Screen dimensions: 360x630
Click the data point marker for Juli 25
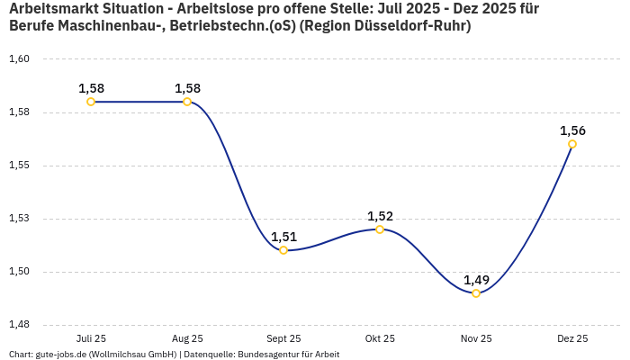click(x=91, y=102)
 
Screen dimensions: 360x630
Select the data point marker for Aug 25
click(x=187, y=102)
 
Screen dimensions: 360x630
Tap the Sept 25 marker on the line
click(x=283, y=250)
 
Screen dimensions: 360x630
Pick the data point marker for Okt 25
click(x=380, y=229)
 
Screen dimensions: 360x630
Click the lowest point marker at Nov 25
click(x=476, y=293)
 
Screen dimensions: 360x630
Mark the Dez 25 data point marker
click(x=572, y=144)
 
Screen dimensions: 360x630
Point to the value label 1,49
click(x=476, y=280)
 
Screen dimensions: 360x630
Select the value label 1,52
click(x=380, y=216)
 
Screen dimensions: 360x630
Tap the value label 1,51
click(x=283, y=237)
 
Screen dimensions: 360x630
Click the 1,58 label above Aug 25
click(x=187, y=88)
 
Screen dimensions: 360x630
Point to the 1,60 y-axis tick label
click(x=20, y=59)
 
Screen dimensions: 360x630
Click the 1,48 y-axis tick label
click(x=20, y=324)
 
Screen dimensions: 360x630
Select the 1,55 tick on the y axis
click(x=20, y=166)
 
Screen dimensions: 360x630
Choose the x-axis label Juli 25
click(x=91, y=338)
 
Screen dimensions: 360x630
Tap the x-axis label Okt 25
click(x=380, y=338)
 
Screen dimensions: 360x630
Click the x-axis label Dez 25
click(x=572, y=338)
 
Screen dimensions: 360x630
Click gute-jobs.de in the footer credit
click(x=61, y=355)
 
